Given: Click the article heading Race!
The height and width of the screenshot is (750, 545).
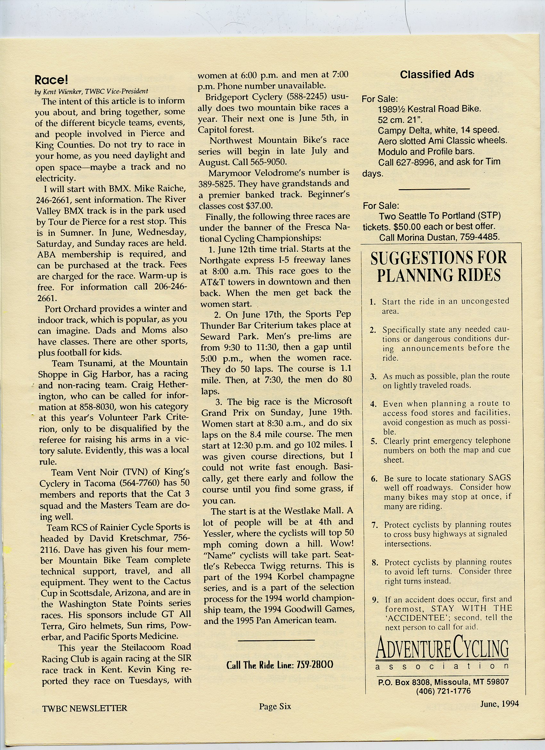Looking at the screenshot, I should pos(51,80).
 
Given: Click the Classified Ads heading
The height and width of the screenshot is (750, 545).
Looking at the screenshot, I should pos(437,74).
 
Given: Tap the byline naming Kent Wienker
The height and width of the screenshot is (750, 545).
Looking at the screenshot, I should pos(91,91).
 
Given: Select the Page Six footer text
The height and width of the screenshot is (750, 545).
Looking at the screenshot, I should pos(275,706).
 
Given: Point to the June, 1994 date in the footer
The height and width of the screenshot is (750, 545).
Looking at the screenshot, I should pos(499,704).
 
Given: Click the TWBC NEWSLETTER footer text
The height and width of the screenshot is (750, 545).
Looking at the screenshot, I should pos(85,708).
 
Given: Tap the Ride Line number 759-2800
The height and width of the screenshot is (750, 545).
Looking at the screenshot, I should pos(314,665).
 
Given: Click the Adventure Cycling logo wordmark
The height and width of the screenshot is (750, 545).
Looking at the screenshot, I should pos(442,649).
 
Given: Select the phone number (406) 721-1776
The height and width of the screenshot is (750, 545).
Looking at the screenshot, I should pos(443,691).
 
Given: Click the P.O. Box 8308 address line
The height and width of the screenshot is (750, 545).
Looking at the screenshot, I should pos(443,682).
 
